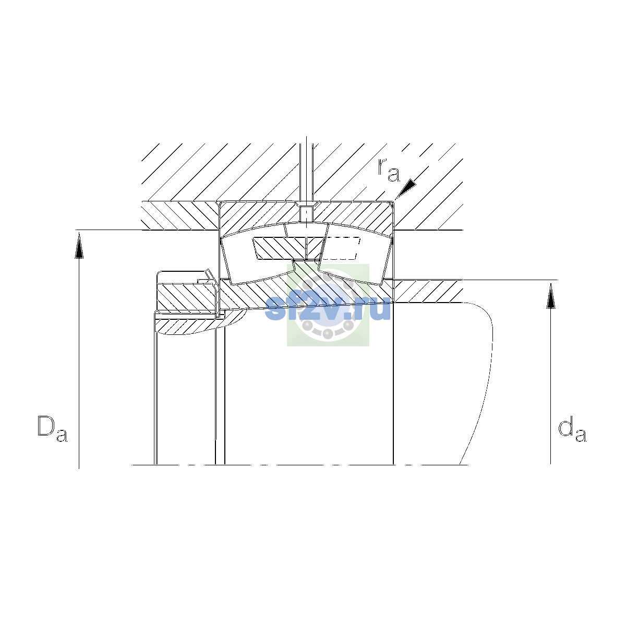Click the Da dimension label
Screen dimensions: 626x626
[52, 428]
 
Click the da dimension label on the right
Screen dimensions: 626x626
[572, 430]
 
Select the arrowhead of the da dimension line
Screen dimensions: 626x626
[551, 296]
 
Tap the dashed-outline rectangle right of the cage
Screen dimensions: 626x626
[341, 248]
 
